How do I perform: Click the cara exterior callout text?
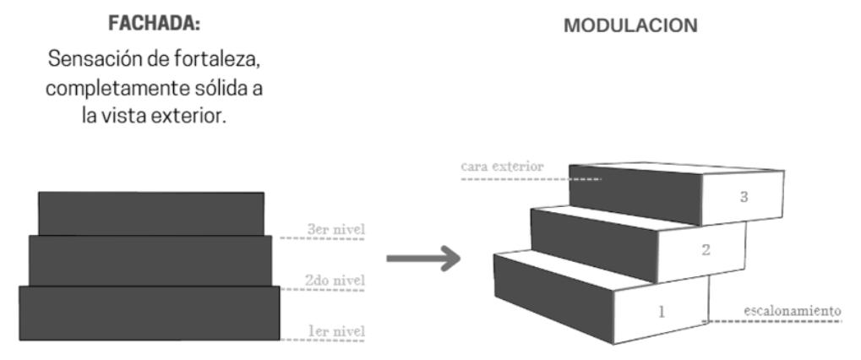coord(501,167)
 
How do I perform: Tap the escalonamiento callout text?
coord(792,310)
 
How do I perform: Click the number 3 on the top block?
coord(744,197)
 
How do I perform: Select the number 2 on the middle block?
coord(706,249)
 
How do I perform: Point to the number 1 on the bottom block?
coord(661,311)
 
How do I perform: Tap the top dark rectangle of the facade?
coord(151,213)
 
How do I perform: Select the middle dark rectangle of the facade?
coord(150,260)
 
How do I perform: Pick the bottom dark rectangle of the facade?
coord(149,311)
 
